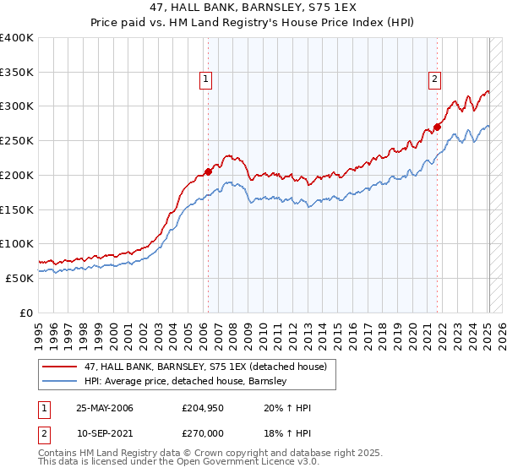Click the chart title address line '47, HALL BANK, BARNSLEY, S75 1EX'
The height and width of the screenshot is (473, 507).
point(254,9)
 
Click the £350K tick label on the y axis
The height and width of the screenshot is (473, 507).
point(16,73)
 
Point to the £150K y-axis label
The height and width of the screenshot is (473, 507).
point(16,209)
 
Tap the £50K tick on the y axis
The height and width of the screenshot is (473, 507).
point(19,278)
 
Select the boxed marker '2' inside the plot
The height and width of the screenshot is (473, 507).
point(435,80)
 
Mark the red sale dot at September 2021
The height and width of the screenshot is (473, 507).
point(438,128)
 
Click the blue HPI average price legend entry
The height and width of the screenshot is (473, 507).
point(186,381)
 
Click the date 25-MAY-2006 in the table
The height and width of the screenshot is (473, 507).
point(105,408)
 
